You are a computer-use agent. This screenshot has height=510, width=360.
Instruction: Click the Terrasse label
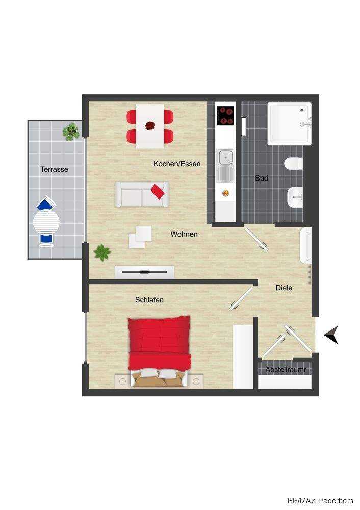pos(55,169)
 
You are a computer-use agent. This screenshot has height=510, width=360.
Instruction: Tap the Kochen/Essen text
pos(177,164)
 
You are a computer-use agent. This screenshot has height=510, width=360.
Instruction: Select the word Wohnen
pos(184,234)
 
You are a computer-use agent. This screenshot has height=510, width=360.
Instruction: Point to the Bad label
pos(262,178)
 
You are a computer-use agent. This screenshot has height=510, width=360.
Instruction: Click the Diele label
pos(284,288)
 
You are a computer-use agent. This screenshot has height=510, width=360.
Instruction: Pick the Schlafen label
pos(149,300)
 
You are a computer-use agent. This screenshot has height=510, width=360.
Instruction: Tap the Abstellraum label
pos(286,370)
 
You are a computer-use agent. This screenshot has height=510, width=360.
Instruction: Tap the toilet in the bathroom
pos(294,164)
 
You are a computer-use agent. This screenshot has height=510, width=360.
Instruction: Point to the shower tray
pos(290,123)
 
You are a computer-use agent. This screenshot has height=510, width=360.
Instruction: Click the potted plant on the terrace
pos(71,132)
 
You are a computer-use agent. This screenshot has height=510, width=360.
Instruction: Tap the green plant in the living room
pos(102,252)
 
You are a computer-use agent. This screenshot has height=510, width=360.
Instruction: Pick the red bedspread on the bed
pos(159,343)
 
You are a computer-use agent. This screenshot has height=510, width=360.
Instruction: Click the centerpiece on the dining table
pos(150,125)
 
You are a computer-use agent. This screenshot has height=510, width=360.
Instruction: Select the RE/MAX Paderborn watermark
pos(320,500)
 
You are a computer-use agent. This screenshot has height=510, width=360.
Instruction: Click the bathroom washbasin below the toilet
pos(295,197)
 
